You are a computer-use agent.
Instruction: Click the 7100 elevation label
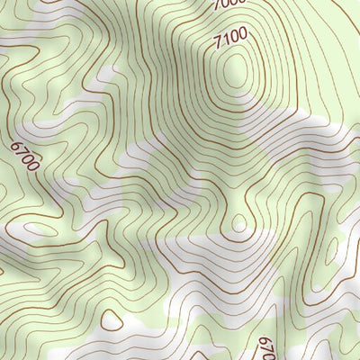pyautogui.click(x=231, y=40)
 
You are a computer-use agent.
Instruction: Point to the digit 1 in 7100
pyautogui.click(x=227, y=41)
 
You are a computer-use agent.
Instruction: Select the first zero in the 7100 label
pyautogui.click(x=235, y=39)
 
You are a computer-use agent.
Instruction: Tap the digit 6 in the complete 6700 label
pyautogui.click(x=17, y=146)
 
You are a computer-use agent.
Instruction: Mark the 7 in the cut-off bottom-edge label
pyautogui.click(x=265, y=346)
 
